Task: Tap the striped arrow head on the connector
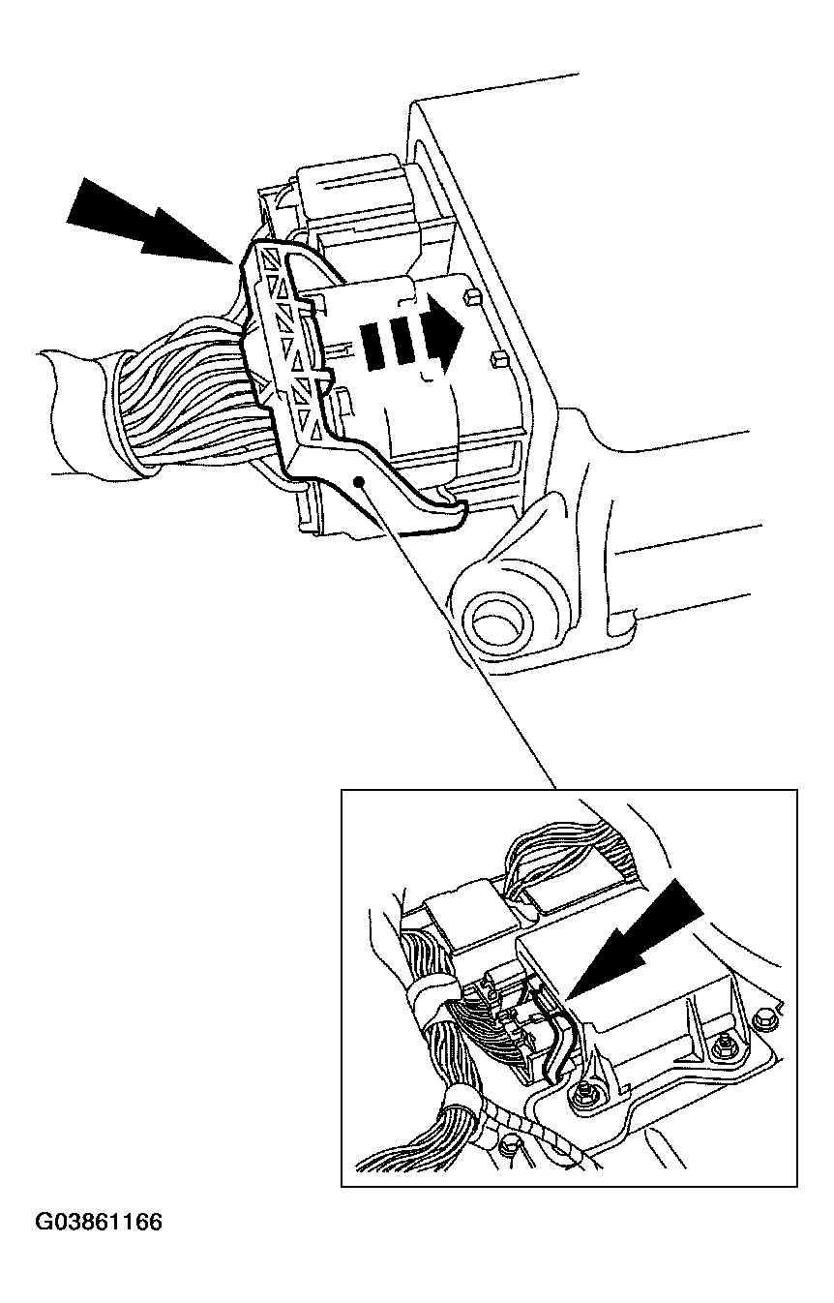446,333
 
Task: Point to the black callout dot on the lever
360,480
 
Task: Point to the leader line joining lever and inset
458,634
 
